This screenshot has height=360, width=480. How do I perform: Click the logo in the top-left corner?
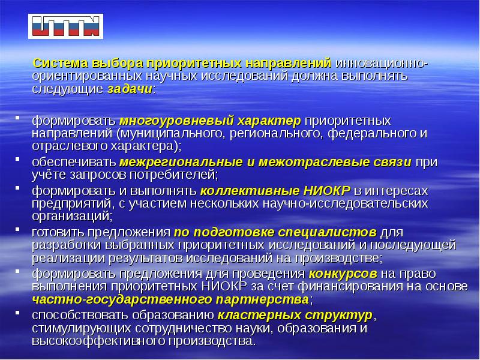tap(65, 27)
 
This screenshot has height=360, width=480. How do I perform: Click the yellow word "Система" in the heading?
tap(58, 64)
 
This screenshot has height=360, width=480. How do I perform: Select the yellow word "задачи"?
tap(130, 89)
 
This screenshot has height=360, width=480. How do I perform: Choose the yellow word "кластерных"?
tap(245, 316)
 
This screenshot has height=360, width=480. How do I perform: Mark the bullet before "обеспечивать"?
tap(17, 161)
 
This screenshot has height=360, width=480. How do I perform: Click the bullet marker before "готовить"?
tap(17, 230)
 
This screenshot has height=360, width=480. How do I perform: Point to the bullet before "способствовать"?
tap(17, 314)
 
